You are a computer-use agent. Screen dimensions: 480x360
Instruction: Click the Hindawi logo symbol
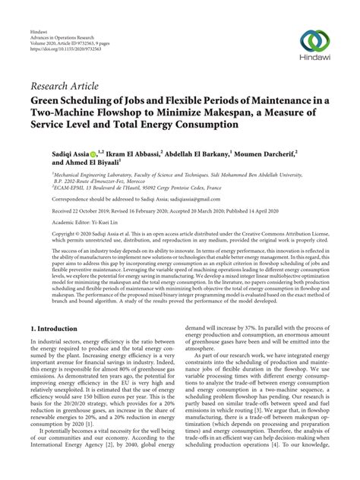pos(315,41)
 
